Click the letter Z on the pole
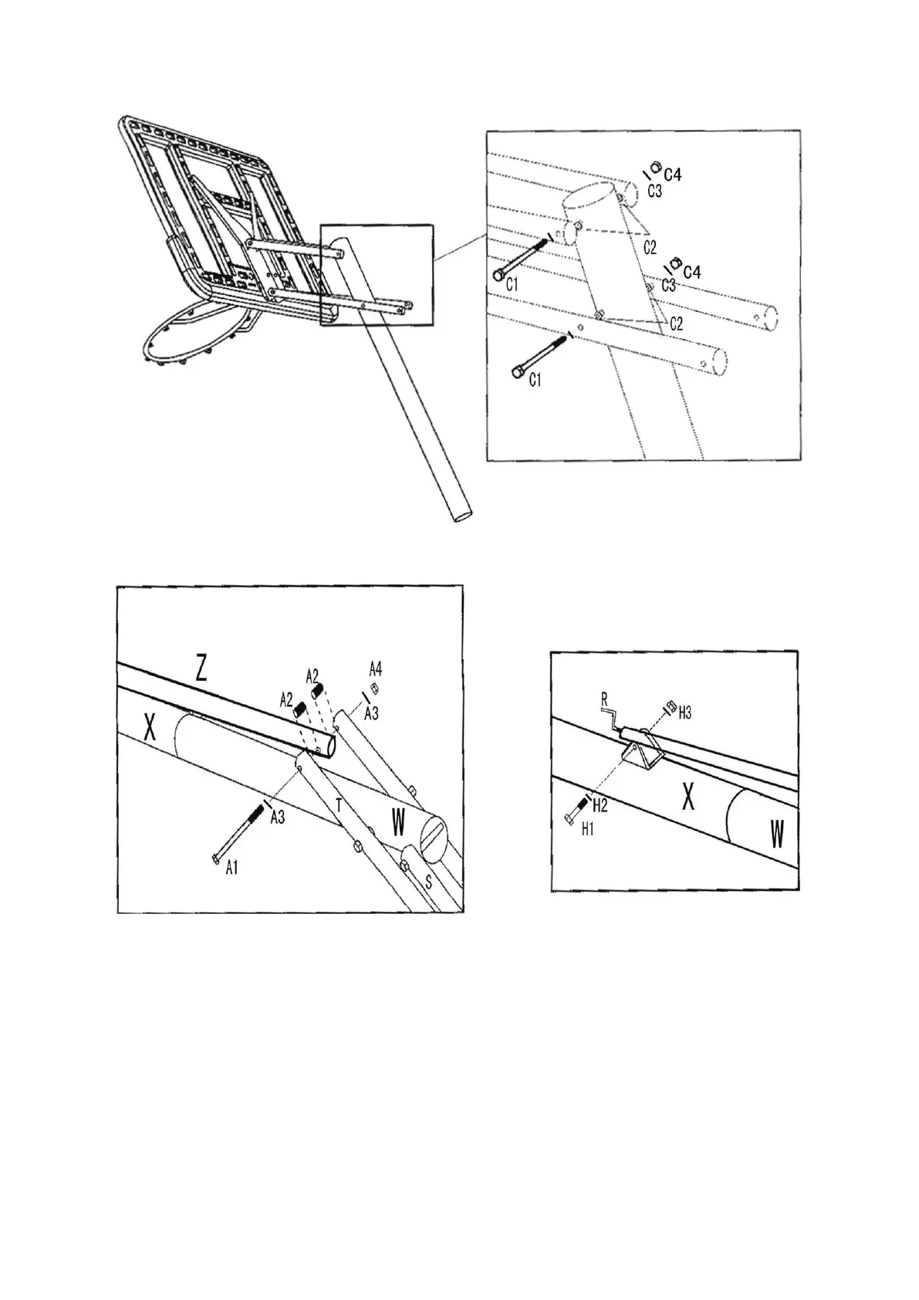coord(201,668)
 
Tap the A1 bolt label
coord(231,868)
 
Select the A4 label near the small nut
coord(375,668)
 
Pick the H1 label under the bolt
coord(588,829)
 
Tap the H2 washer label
coord(600,807)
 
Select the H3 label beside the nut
coord(684,713)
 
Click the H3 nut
coord(670,705)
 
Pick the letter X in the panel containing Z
coord(150,727)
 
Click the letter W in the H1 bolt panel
coord(776,834)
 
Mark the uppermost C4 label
coord(673,175)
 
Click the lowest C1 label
coord(535,380)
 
